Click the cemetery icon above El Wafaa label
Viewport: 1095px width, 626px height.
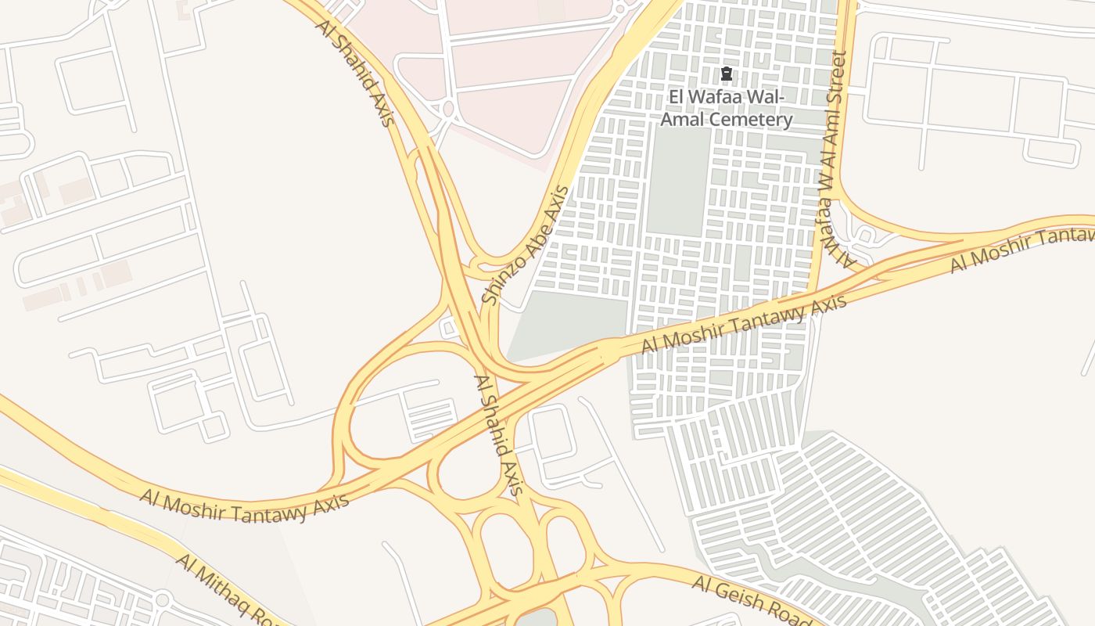[x=727, y=74]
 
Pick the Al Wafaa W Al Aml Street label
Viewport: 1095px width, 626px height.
[x=835, y=156]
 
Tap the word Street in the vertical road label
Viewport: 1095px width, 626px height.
[x=838, y=78]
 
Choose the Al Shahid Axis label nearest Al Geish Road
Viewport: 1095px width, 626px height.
[x=497, y=435]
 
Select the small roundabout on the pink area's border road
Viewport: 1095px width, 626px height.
[x=447, y=109]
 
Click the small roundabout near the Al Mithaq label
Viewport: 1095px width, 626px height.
[x=162, y=600]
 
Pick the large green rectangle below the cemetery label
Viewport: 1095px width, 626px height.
[x=678, y=181]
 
